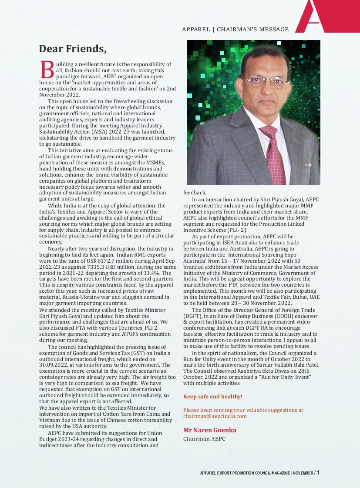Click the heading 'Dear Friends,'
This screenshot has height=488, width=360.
[72, 48]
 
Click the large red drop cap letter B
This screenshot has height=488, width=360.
[47, 70]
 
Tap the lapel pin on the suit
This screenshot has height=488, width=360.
[308, 165]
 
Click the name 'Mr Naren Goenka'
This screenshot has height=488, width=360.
[209, 430]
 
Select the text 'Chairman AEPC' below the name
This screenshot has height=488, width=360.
[204, 439]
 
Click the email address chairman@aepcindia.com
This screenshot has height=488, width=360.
[215, 416]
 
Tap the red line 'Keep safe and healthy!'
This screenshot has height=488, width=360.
[212, 397]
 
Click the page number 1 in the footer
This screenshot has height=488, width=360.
[318, 473]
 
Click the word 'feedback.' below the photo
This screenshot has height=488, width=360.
[195, 192]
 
